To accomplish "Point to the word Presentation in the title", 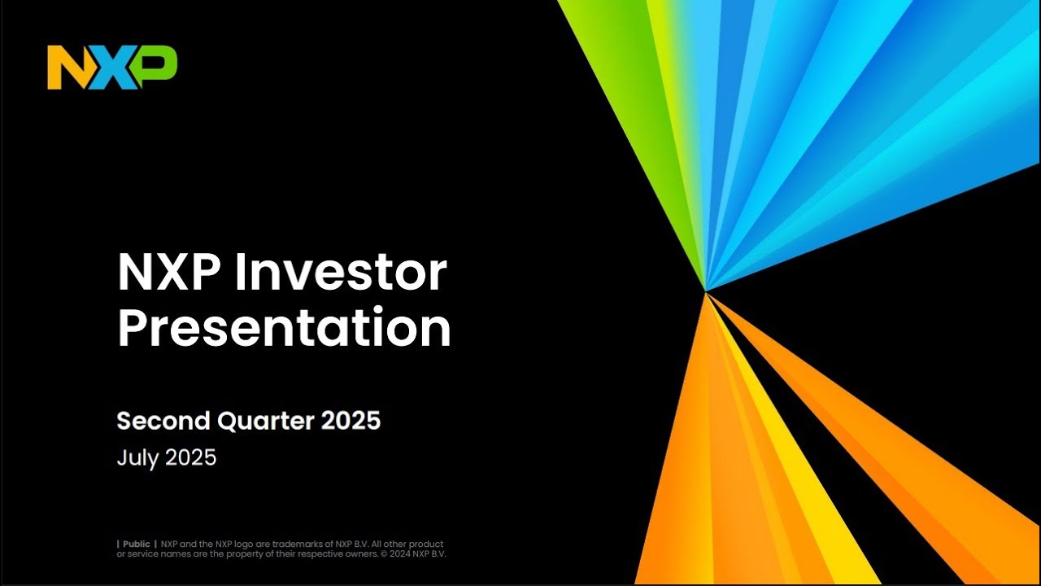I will (284, 329).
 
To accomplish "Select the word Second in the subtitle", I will (163, 421).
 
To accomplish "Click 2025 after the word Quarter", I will (351, 421).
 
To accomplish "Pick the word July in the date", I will (138, 457).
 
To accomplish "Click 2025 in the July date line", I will (191, 457).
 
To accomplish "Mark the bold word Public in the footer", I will (137, 544).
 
